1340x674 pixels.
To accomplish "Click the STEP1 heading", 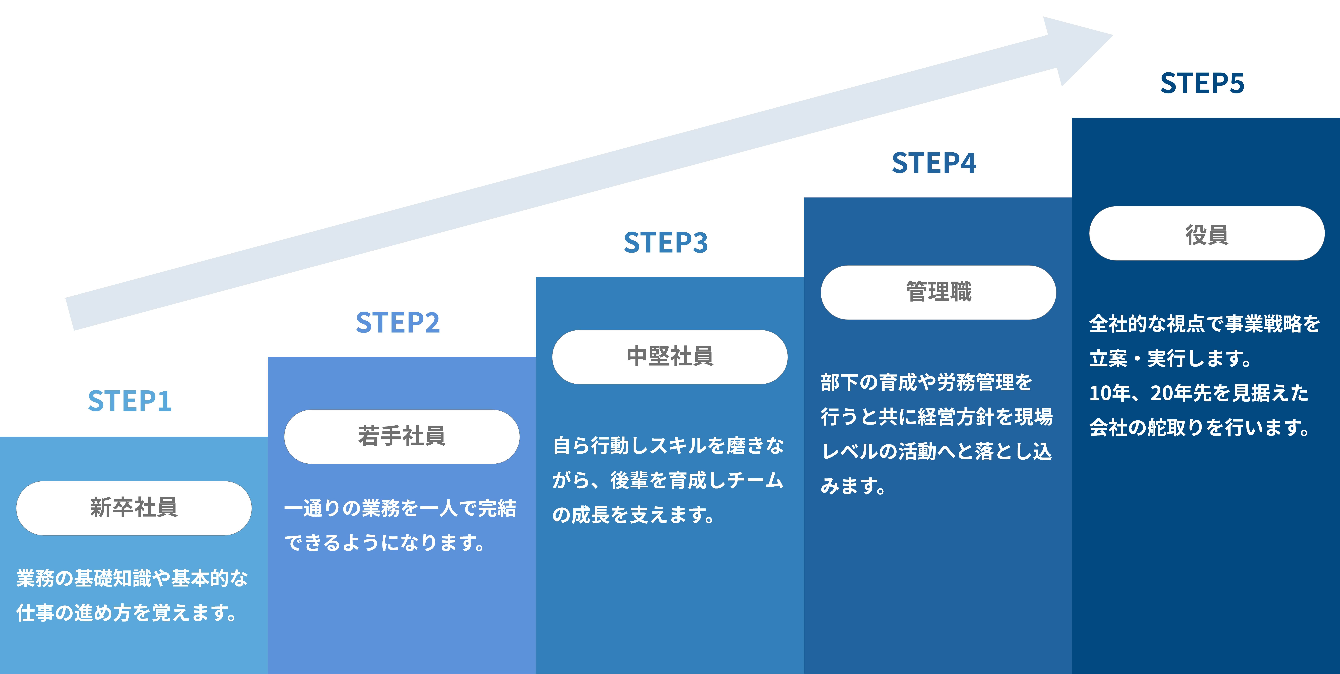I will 130,401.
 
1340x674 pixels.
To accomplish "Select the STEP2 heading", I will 398,323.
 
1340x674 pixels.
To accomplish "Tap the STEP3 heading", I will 666,243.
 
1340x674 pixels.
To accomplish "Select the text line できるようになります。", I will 385,542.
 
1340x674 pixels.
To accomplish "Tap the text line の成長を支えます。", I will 634,515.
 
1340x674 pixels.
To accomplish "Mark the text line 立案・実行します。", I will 1170,359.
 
